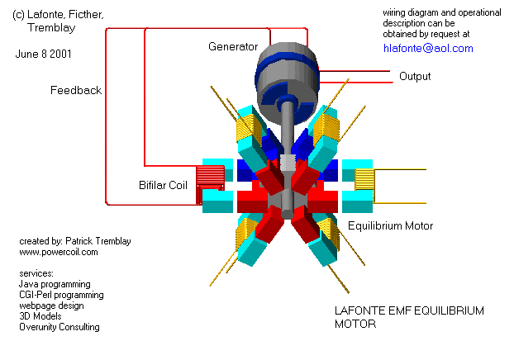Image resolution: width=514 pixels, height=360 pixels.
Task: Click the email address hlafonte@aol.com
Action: tap(428, 49)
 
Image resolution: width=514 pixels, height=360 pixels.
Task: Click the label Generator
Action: tap(233, 46)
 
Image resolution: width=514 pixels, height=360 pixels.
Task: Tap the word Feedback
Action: tap(76, 90)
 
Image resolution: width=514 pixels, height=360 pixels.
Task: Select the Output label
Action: tap(415, 77)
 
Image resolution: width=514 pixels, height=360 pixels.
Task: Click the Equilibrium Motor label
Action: tap(390, 225)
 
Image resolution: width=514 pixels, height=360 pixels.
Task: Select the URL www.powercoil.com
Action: tap(58, 252)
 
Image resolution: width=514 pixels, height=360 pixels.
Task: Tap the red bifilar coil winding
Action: tap(212, 177)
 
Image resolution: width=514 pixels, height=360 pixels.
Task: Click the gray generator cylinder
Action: tap(285, 74)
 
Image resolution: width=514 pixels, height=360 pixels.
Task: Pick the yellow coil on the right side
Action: tap(364, 179)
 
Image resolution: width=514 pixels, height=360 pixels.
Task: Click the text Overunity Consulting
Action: tap(59, 327)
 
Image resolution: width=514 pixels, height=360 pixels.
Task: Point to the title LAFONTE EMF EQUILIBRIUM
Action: tap(408, 311)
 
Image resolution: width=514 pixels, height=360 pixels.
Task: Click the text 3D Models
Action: tap(40, 316)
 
